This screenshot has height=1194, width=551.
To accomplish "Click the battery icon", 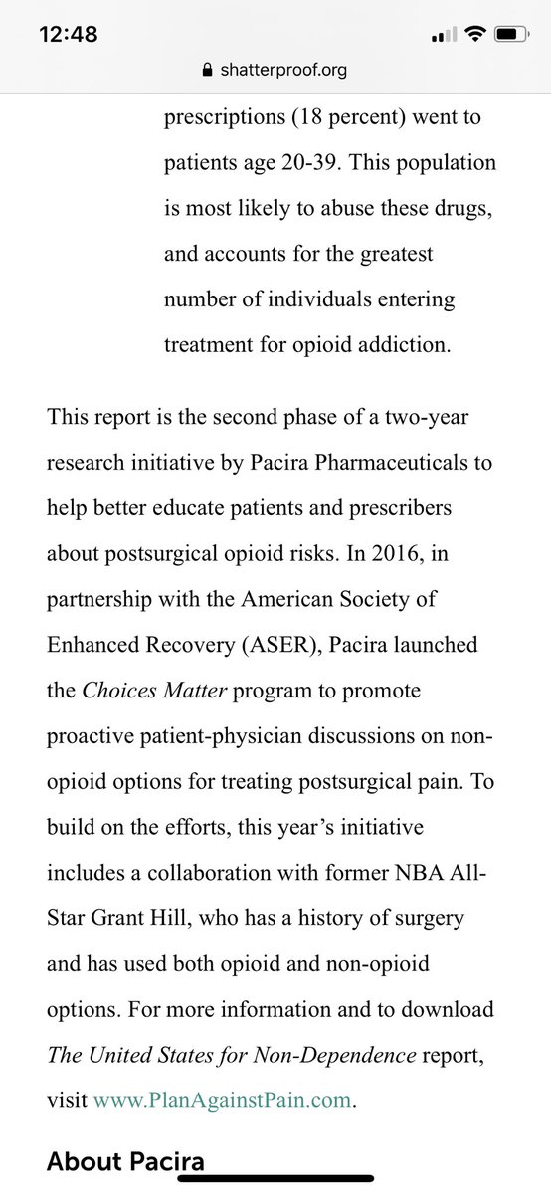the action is [x=507, y=34].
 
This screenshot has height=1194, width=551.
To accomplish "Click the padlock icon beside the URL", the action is [x=207, y=71].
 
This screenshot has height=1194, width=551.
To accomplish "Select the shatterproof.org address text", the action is [x=283, y=71].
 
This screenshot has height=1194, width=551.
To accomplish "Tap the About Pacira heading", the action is [x=125, y=1160].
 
